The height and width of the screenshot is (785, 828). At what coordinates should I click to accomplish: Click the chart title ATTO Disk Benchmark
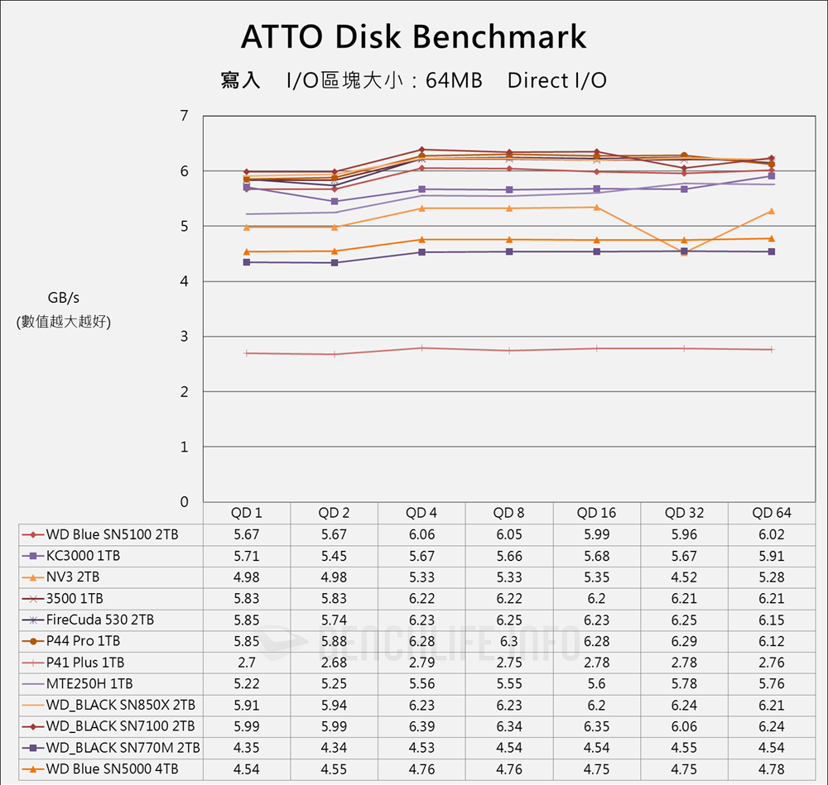(x=413, y=37)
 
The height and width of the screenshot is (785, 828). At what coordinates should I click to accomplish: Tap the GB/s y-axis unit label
(x=64, y=298)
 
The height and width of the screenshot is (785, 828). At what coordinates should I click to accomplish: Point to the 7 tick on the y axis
(x=184, y=116)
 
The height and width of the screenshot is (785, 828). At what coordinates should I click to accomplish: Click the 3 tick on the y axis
(x=184, y=337)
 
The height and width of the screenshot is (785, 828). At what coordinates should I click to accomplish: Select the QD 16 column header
(x=597, y=513)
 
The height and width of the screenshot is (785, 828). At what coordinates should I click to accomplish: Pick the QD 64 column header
(x=772, y=513)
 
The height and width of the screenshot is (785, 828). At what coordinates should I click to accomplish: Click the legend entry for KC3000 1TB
(x=83, y=556)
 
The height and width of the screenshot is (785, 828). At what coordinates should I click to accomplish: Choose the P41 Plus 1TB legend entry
(x=85, y=663)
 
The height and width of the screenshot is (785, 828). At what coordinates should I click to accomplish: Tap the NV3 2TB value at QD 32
(x=685, y=577)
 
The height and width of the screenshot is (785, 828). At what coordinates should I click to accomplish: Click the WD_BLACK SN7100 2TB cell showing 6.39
(x=421, y=726)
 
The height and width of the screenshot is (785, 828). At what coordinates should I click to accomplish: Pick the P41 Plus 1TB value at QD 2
(x=335, y=663)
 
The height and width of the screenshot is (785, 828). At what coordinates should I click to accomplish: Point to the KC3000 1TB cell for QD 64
(x=772, y=556)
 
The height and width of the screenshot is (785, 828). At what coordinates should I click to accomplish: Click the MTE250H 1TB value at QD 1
(x=247, y=684)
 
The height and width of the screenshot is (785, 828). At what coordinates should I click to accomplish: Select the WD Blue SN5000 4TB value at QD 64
(x=772, y=769)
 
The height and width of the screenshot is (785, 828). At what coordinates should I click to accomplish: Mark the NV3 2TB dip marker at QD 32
(x=684, y=251)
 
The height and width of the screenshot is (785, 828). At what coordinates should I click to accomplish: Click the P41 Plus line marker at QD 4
(x=421, y=348)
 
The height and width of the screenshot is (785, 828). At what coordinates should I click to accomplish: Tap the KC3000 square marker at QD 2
(x=335, y=201)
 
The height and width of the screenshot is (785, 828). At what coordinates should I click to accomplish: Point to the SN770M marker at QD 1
(x=247, y=262)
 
